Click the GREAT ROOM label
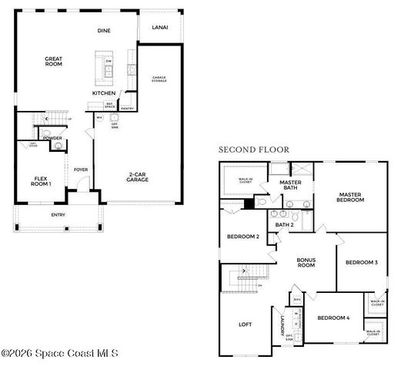pos(53,61)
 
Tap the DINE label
pos(104,31)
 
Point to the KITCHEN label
pos(104,93)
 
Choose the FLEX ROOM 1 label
pos(41,182)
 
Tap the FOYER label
pos(80,170)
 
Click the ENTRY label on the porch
pos(58,214)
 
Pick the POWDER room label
pos(53,138)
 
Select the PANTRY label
pos(128,109)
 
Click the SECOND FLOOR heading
pos(253,149)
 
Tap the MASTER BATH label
pos(290,185)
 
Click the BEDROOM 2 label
pos(242,237)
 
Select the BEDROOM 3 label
pos(361,263)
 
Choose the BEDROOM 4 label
pos(333,318)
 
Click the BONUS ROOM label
pos(307,262)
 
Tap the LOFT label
pos(246,325)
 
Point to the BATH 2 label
pos(286,225)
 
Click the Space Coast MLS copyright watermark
pos(60,354)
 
